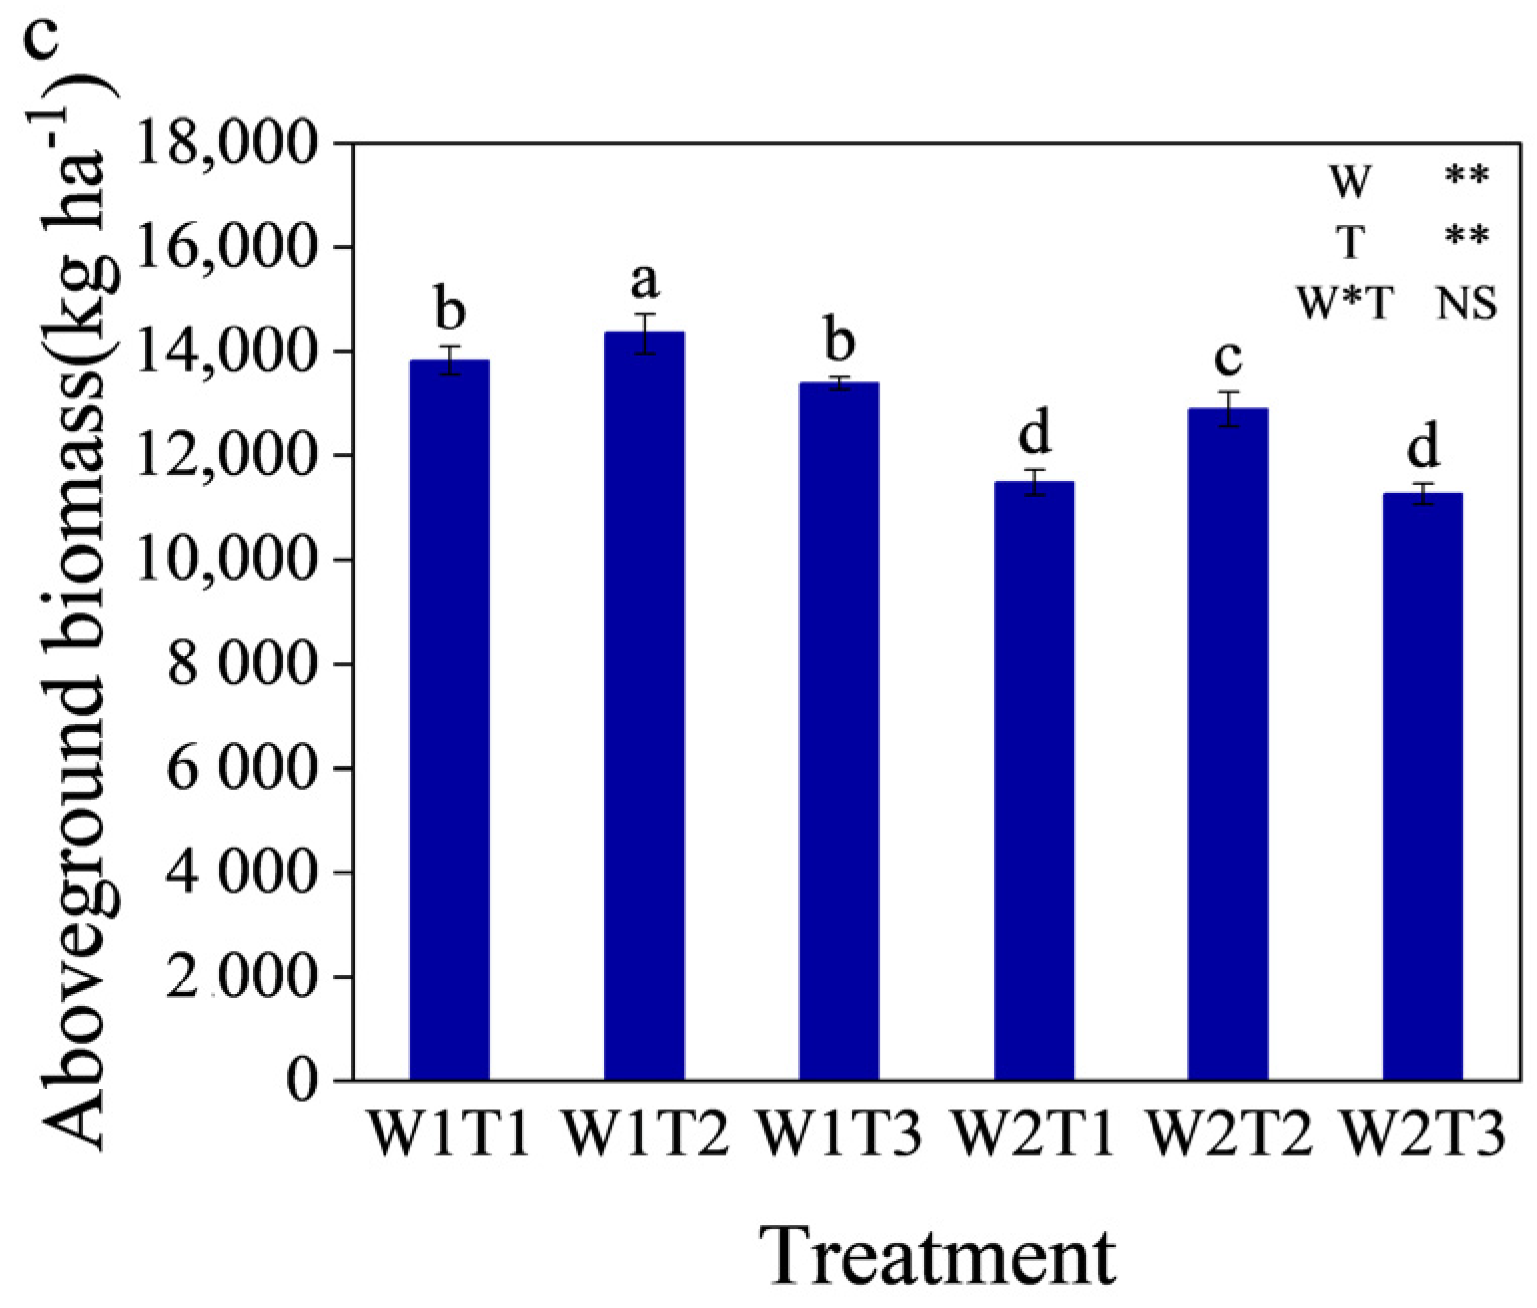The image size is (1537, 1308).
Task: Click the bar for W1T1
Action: [449, 719]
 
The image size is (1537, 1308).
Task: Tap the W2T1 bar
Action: [1034, 780]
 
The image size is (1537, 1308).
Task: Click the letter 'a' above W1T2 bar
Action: [645, 282]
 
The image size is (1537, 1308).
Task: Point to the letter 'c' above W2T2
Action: [1228, 356]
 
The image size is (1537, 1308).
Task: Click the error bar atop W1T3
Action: [839, 383]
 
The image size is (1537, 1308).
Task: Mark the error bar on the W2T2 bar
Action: [1228, 409]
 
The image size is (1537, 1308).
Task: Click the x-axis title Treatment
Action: [939, 1256]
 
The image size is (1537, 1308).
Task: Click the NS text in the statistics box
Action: [1466, 302]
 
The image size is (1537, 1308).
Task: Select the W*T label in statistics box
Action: [1345, 302]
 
